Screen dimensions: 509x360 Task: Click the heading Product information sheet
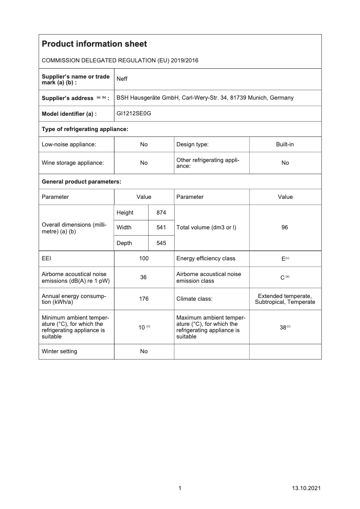(94, 44)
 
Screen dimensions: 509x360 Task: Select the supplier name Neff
(122, 79)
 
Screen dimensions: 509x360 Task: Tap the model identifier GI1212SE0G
(134, 114)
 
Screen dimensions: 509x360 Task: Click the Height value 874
(161, 212)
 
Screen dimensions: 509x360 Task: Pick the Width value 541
(161, 228)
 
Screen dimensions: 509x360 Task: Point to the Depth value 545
(161, 243)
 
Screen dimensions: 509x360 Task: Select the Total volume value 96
(285, 228)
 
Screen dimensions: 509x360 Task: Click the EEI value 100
(144, 259)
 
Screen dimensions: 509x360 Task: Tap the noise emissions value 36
(144, 277)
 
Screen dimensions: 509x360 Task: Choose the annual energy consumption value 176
(144, 298)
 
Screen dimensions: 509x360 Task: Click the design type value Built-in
(285, 145)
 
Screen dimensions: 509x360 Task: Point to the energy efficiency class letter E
(283, 259)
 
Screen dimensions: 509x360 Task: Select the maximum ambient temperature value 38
(283, 327)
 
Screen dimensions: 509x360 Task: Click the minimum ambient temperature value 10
(141, 327)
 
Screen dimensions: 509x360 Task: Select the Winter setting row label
(59, 351)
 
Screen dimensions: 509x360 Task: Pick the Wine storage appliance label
(73, 163)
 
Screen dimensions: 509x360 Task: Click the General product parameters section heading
(81, 182)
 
